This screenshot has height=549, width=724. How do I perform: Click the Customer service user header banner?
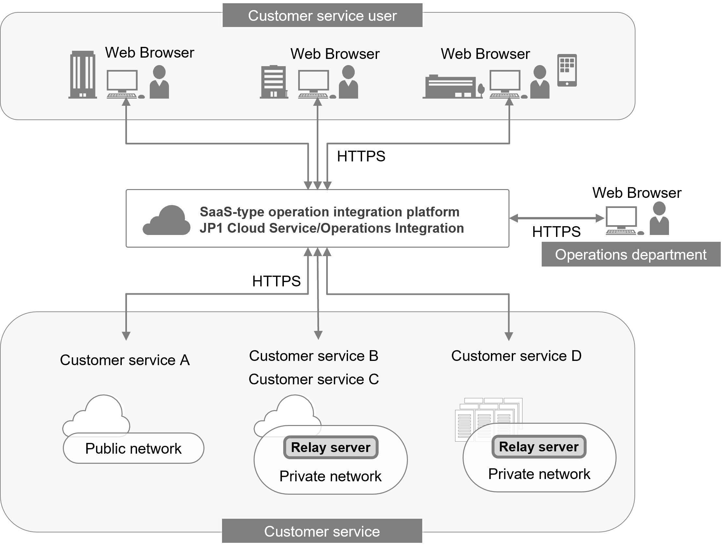pos(322,16)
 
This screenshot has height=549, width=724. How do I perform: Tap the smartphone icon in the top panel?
pos(567,70)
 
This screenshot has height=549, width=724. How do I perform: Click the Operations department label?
pos(630,254)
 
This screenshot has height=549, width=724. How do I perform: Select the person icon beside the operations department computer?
pos(659,218)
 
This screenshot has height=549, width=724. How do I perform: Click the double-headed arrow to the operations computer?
pos(556,218)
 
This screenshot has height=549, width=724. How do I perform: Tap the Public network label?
pos(133,448)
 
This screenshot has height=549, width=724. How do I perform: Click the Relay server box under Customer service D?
pos(539,446)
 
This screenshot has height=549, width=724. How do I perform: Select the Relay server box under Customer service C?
pos(330,447)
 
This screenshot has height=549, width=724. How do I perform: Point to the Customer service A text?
pos(125,360)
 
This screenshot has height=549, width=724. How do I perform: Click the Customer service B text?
pos(313,356)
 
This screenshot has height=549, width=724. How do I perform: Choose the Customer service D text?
pos(516,356)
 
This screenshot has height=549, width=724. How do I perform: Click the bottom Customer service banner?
pos(322,531)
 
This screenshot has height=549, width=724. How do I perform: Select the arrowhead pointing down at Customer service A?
pos(126,336)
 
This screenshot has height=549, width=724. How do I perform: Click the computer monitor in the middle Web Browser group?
pos(313,81)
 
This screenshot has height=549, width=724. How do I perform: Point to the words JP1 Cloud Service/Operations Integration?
pos(331,228)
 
